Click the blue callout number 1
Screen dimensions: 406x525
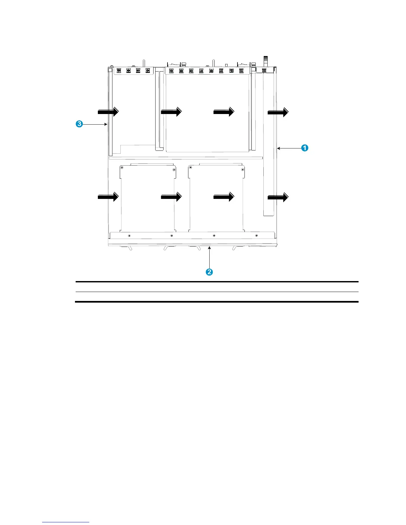[x=304, y=148]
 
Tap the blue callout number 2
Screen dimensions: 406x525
[x=209, y=272]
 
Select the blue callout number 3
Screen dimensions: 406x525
[x=79, y=124]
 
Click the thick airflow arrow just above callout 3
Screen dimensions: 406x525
[x=108, y=112]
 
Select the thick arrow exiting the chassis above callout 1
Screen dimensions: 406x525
[x=278, y=113]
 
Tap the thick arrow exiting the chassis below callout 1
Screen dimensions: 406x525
[x=278, y=198]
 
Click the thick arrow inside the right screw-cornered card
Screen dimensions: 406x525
[x=224, y=197]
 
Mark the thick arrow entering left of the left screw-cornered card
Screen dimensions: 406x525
[x=108, y=197]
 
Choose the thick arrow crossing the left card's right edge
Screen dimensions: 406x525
[x=171, y=197]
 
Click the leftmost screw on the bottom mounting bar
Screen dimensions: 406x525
[x=129, y=236]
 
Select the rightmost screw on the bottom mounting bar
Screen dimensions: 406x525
[x=256, y=236]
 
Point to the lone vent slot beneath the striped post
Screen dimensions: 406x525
[x=264, y=71]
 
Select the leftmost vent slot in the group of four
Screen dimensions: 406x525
[x=119, y=71]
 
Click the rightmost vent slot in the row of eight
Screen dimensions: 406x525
[x=241, y=71]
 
